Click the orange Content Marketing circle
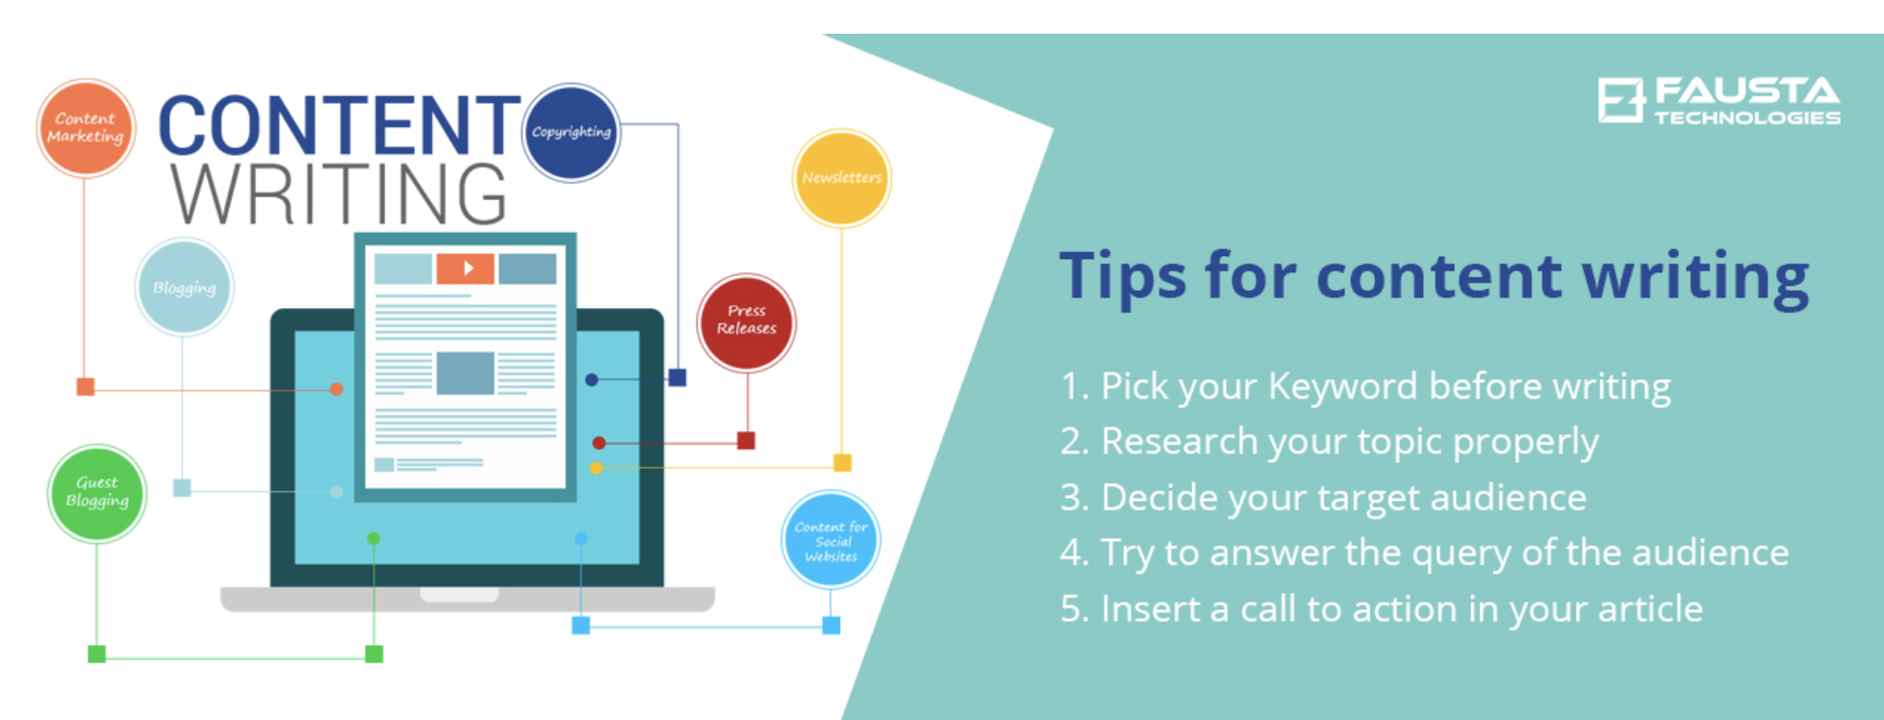coord(86,128)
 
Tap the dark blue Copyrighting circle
coord(572,133)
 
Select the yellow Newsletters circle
coord(842,178)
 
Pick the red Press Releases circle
coord(747,322)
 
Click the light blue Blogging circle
coord(184,287)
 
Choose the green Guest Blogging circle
coord(97,493)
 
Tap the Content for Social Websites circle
coord(830,540)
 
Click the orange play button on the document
coord(466,269)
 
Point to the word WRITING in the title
coord(339,193)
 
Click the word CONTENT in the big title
coord(340,125)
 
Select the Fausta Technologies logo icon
coord(1621,100)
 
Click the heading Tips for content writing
coord(1434,276)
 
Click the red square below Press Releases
coord(746,441)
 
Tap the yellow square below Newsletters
coord(842,463)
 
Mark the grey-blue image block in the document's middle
coord(466,373)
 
